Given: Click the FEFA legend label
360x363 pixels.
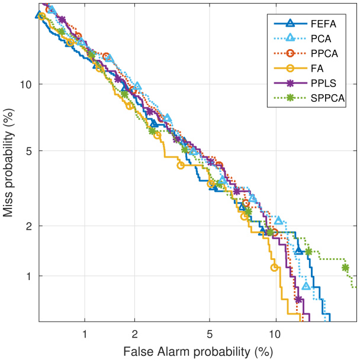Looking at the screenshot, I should click(x=323, y=24).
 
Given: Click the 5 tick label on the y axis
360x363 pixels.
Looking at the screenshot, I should click(x=30, y=150).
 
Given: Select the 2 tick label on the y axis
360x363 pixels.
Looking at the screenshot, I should click(x=30, y=226).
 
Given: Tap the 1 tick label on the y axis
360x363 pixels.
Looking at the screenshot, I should click(x=30, y=276).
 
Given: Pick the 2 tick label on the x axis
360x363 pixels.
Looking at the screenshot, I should click(x=135, y=333).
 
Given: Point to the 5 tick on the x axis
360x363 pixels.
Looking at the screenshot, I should click(x=210, y=333).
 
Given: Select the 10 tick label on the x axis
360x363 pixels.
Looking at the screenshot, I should click(x=276, y=333).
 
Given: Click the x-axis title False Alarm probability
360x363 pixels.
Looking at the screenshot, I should click(x=198, y=351).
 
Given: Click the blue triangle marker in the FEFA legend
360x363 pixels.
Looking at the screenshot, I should click(x=290, y=24).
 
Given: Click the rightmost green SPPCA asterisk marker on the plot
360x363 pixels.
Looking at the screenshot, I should click(x=345, y=268).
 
